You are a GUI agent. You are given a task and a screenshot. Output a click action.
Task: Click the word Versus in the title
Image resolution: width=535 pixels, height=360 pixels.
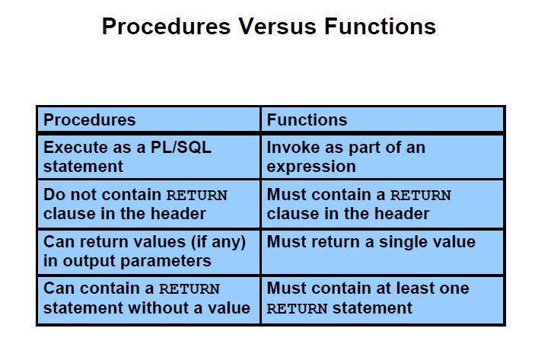point(277,27)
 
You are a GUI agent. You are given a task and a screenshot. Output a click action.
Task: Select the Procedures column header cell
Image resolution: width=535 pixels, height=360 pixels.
point(148,119)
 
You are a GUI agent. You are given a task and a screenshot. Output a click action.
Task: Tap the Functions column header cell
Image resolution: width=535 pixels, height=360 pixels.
point(383,119)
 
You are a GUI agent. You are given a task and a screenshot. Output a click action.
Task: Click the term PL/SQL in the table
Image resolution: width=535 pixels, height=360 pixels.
point(181,148)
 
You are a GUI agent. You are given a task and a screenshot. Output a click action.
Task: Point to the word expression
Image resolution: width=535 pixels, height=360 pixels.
point(311,167)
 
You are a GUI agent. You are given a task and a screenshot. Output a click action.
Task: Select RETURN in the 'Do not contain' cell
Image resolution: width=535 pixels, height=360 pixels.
point(196,195)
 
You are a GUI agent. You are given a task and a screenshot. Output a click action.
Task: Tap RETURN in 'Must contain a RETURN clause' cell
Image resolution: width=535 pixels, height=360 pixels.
point(421,195)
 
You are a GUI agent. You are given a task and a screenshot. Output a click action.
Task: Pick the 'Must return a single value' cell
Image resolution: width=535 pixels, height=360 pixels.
point(383,252)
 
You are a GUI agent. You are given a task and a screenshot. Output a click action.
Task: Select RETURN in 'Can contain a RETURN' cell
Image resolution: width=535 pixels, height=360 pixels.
point(189,288)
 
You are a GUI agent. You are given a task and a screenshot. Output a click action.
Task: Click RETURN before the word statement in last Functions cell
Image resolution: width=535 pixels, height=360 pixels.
point(297,308)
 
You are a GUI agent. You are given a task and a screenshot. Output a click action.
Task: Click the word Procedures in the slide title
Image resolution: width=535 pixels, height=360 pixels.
point(166,27)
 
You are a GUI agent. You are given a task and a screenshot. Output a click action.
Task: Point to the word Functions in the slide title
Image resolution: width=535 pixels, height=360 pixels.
point(380,27)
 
